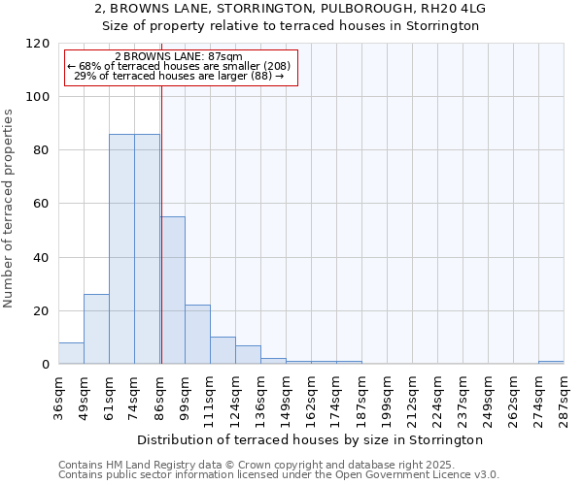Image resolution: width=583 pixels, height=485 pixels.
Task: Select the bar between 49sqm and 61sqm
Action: click(x=96, y=329)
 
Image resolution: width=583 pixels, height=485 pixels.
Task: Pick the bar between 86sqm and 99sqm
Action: click(x=172, y=290)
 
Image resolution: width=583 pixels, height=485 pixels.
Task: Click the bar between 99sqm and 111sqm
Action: click(x=197, y=335)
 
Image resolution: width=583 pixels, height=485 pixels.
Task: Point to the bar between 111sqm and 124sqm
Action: click(x=223, y=350)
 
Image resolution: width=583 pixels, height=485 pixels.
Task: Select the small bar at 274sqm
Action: click(x=551, y=362)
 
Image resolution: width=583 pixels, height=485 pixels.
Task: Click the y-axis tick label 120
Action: click(x=37, y=44)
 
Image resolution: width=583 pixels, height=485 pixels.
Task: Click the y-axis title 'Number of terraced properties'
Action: click(x=9, y=209)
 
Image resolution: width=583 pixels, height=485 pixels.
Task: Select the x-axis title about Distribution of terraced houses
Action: click(x=310, y=439)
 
